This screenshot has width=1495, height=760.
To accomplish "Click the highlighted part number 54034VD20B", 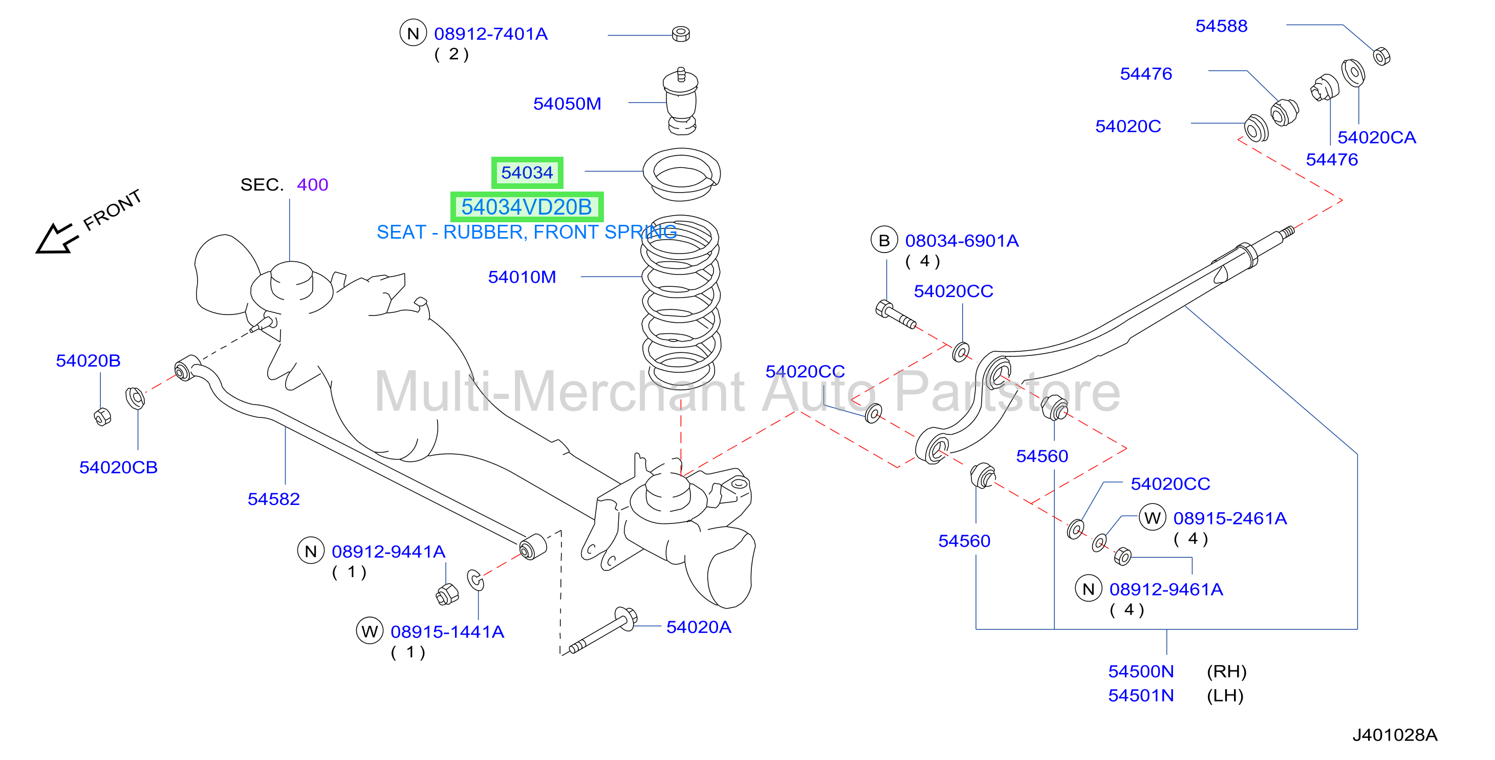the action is click(x=526, y=207).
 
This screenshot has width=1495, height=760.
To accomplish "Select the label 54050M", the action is click(x=567, y=103).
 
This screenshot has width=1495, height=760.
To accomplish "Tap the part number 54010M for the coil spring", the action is click(x=522, y=277).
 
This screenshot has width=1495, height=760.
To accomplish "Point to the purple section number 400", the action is click(x=312, y=185).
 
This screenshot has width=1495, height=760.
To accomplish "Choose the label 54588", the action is click(x=1221, y=26).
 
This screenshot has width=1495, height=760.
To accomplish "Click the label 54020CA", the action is click(x=1377, y=137).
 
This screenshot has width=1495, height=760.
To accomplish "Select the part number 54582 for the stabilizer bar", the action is click(x=273, y=499).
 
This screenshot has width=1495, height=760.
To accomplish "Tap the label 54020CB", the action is click(x=118, y=468).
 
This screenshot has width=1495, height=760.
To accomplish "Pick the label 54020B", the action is click(x=88, y=361).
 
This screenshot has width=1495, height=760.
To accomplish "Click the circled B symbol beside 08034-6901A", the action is click(x=884, y=240).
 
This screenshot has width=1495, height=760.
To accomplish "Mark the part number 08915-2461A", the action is click(x=1230, y=518).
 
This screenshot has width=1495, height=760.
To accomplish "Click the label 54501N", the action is click(x=1141, y=695).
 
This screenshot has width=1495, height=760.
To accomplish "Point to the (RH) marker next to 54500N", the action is click(x=1226, y=671).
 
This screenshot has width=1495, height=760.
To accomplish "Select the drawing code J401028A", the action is click(x=1395, y=735).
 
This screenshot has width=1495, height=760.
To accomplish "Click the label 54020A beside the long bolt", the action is click(x=698, y=627).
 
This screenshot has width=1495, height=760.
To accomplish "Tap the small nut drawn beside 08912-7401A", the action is click(x=681, y=34).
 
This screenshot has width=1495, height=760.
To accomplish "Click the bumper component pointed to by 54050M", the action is click(x=681, y=101).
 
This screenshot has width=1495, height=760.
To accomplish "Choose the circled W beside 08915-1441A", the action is click(x=370, y=630).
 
